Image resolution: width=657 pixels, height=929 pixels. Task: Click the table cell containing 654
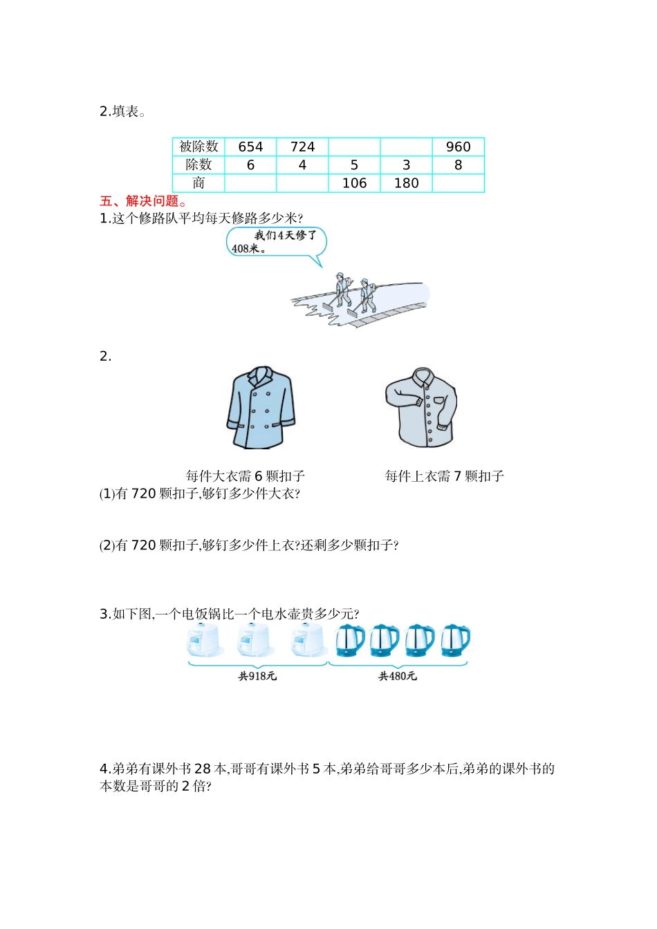click(x=250, y=147)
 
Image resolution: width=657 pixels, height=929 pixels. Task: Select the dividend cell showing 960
click(x=459, y=147)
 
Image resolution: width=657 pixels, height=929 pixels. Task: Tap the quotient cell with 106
click(x=355, y=183)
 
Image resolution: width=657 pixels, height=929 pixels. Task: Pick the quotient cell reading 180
click(x=407, y=183)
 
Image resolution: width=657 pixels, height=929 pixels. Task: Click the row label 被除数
click(x=198, y=147)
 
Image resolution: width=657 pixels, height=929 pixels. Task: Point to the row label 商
click(x=198, y=183)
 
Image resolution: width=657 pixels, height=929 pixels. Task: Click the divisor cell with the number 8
click(x=459, y=165)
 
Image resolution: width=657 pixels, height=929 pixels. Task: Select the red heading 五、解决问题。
click(x=144, y=201)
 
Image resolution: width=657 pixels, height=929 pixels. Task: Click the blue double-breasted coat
click(x=261, y=407)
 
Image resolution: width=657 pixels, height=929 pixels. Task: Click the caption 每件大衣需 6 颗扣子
click(x=246, y=476)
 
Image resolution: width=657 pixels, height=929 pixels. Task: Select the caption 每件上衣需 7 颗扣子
click(x=444, y=476)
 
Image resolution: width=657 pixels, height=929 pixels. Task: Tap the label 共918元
click(x=257, y=677)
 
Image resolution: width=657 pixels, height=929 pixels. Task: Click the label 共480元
click(x=398, y=677)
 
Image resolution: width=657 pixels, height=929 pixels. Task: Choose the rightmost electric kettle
click(x=455, y=641)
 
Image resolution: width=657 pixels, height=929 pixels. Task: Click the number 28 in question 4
click(x=203, y=769)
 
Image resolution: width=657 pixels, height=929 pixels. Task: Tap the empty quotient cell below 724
click(x=302, y=183)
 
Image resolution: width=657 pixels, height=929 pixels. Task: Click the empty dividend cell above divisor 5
click(x=355, y=147)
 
